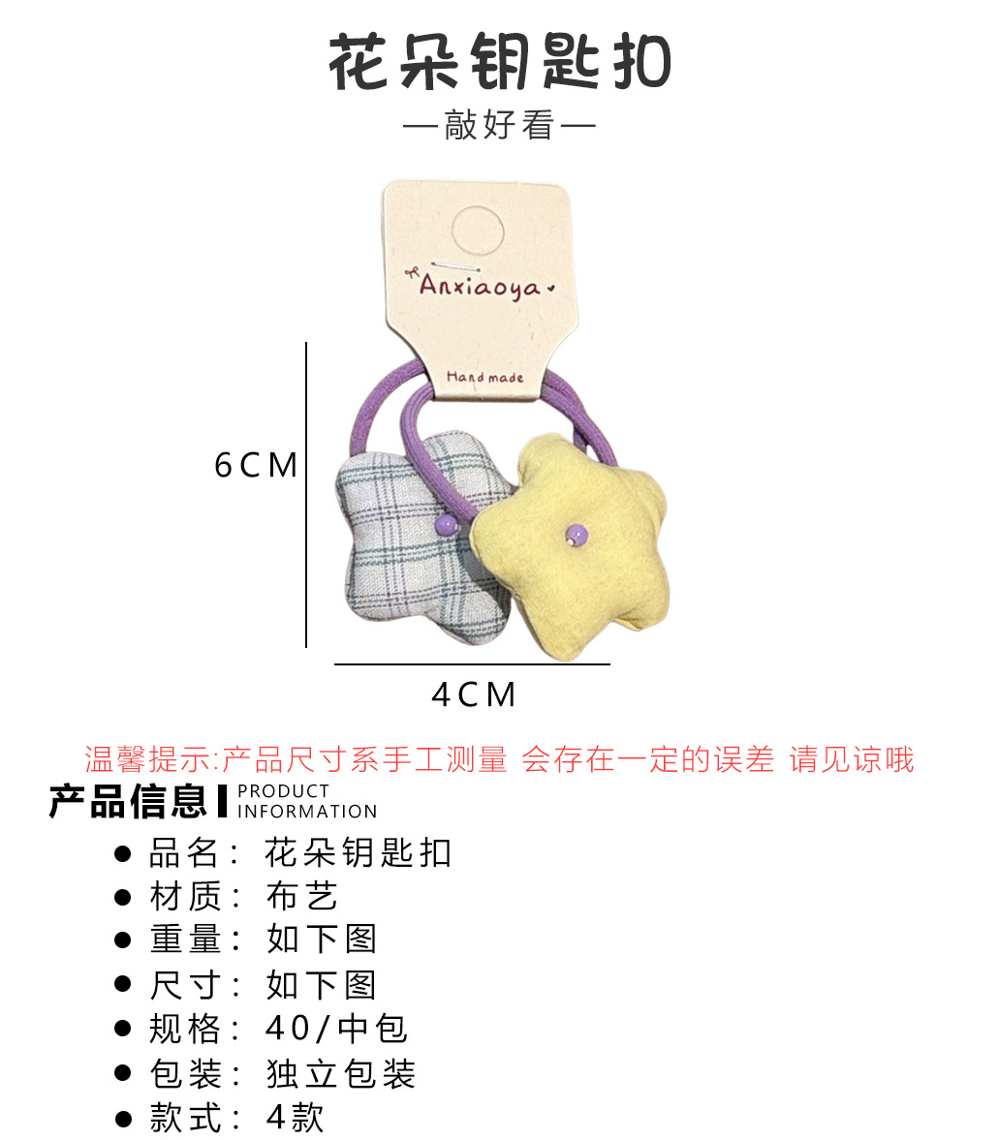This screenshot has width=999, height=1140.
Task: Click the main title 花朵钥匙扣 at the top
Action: [x=499, y=63]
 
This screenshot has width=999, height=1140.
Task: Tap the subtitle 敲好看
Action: [x=498, y=126]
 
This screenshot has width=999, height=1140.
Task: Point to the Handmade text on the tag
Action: [x=484, y=377]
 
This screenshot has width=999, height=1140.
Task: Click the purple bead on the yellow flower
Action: [x=577, y=533]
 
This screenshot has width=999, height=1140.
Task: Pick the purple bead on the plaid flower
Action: [x=447, y=524]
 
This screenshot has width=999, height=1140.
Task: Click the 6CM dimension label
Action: [x=256, y=466]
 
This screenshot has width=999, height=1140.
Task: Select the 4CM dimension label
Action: [x=473, y=694]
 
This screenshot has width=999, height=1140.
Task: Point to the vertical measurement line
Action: [x=306, y=494]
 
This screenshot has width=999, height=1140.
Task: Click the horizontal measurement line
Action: [x=472, y=664]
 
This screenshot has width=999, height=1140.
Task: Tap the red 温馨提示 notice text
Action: [x=499, y=759]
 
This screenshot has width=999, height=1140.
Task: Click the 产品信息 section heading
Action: [x=128, y=801]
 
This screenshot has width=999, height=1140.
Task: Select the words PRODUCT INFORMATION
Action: [x=306, y=802]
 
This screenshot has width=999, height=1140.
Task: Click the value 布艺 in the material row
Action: [x=301, y=897]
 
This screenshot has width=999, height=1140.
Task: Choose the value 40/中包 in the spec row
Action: [x=336, y=1029]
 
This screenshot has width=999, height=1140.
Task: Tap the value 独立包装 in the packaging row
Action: [x=340, y=1073]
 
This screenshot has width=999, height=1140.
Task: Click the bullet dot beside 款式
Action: [x=123, y=1120]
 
